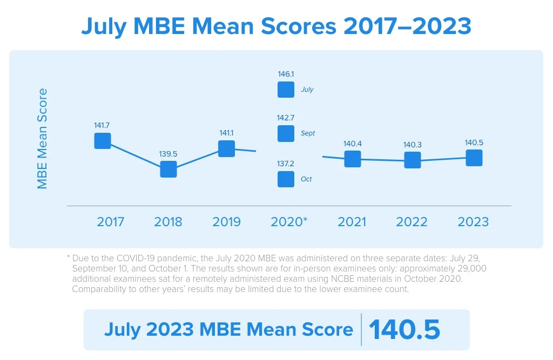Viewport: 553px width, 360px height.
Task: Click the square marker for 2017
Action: (x=103, y=141)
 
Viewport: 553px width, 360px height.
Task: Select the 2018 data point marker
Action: (x=168, y=169)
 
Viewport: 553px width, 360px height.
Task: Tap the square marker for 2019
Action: (x=226, y=149)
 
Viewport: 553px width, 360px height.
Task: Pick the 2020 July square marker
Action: (x=286, y=90)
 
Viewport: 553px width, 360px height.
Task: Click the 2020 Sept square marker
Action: (x=286, y=133)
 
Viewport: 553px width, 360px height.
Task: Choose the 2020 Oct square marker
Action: (x=286, y=179)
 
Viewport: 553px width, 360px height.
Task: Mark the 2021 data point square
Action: (x=352, y=159)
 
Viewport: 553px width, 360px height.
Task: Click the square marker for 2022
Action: (x=413, y=160)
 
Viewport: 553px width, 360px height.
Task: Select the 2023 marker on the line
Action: (x=474, y=158)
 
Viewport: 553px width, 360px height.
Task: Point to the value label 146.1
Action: (x=286, y=74)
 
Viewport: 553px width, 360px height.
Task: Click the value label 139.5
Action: (x=168, y=154)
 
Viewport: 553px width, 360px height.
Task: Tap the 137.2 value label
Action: (x=286, y=164)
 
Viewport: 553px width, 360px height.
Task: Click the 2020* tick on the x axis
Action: (x=289, y=222)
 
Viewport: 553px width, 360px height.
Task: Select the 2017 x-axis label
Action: (x=110, y=222)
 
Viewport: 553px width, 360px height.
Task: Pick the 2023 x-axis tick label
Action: (x=473, y=222)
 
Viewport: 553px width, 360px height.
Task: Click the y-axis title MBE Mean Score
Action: (x=42, y=139)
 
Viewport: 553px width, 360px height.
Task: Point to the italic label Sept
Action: (x=308, y=133)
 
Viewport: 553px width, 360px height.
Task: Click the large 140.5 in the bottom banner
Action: (x=404, y=330)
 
